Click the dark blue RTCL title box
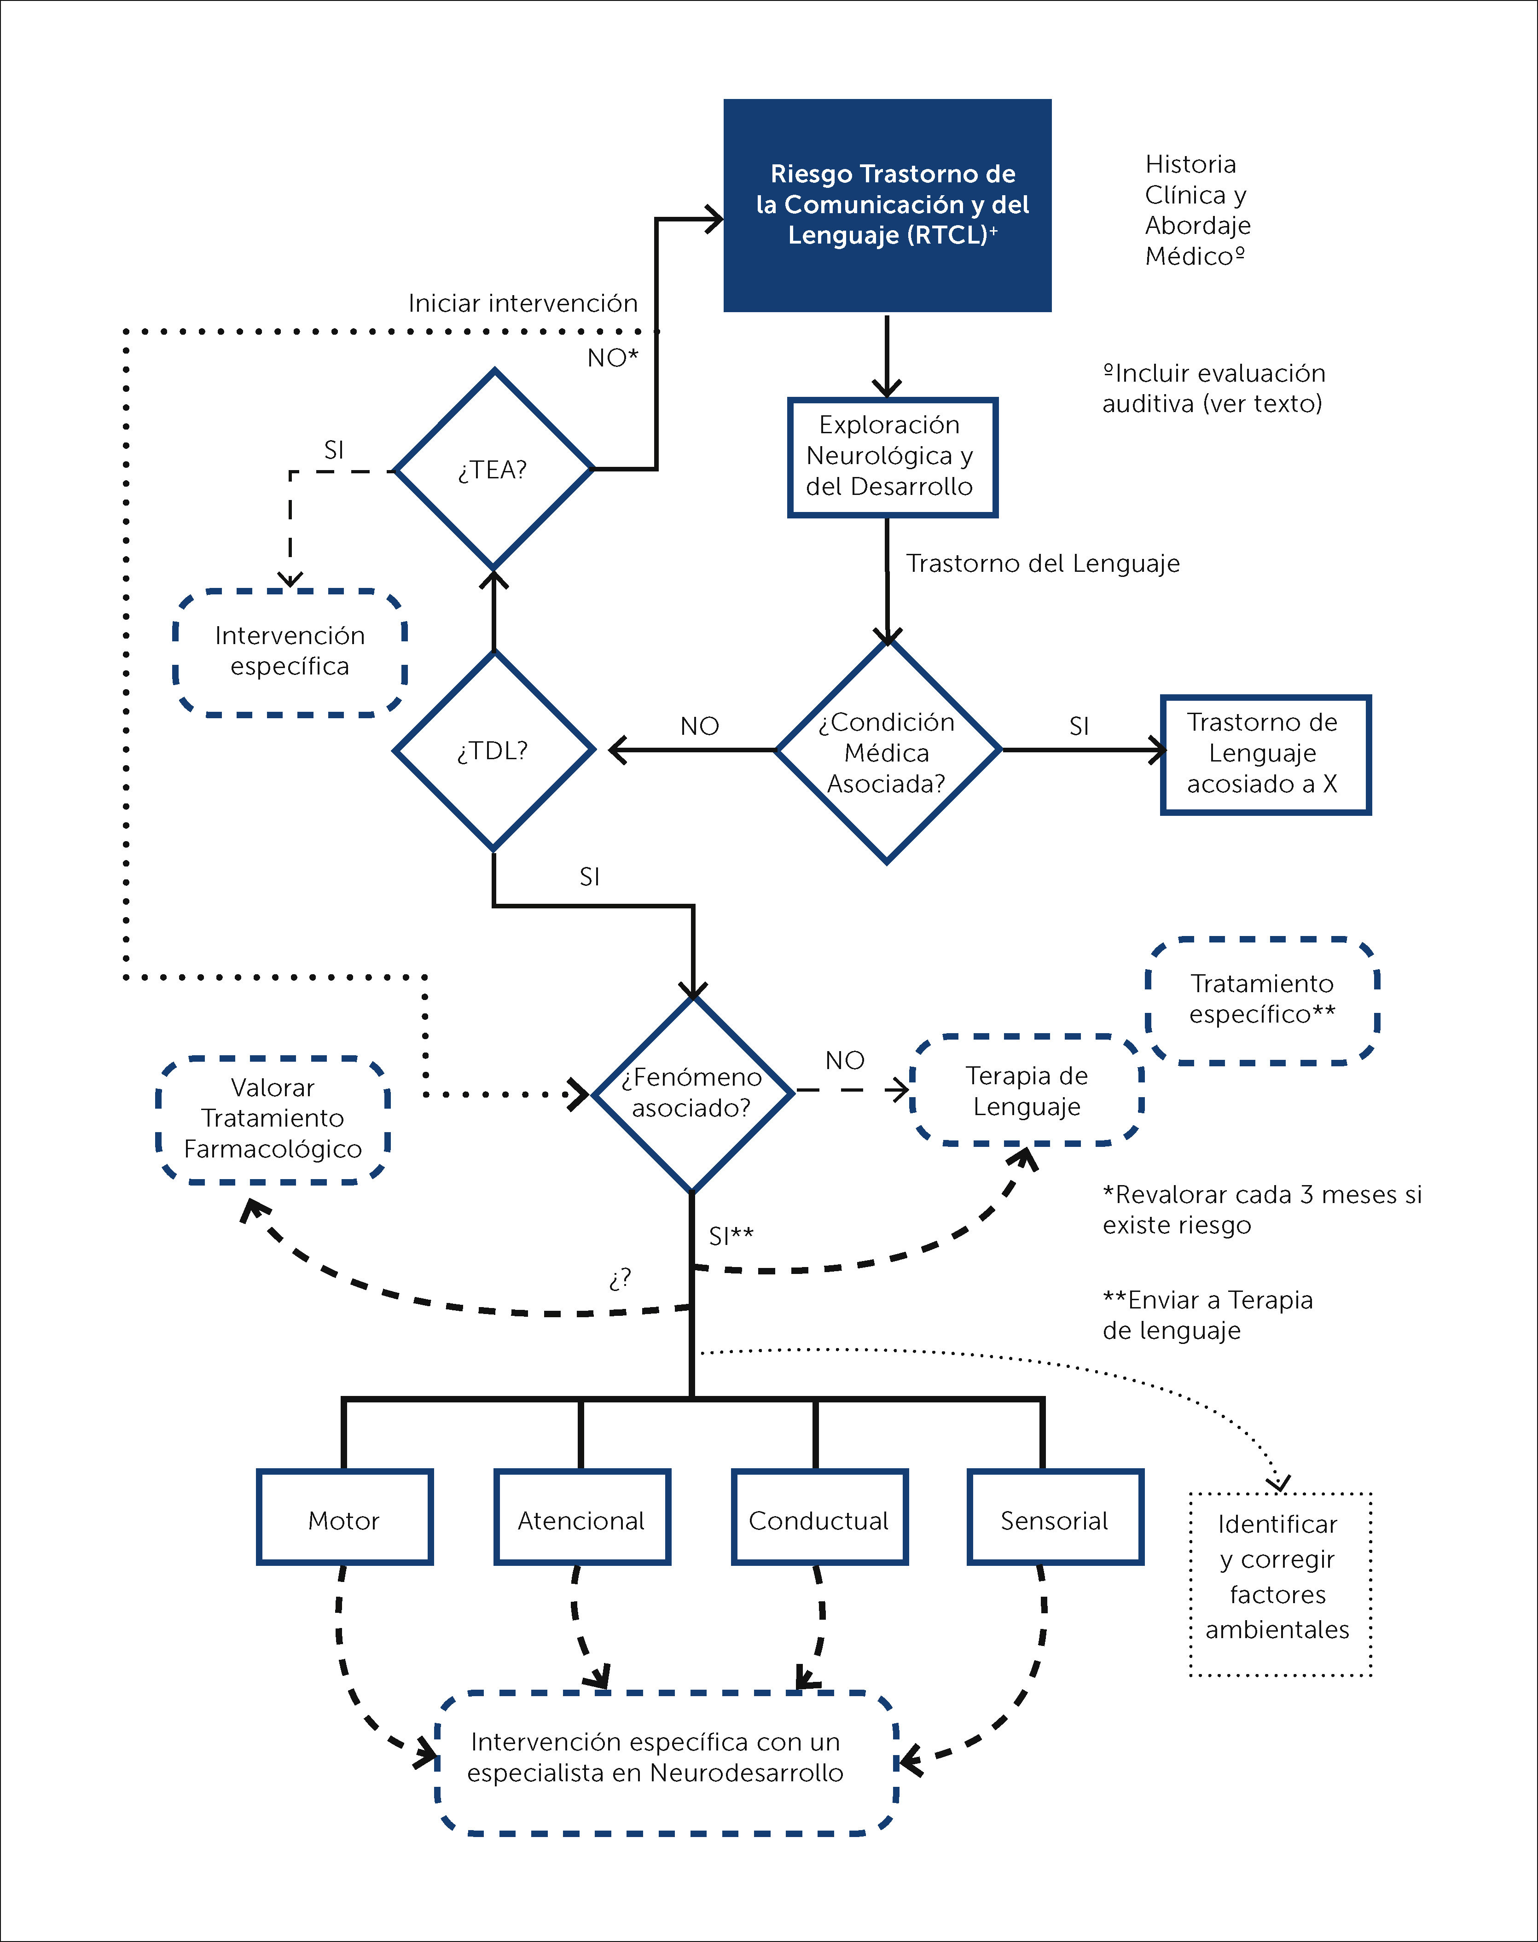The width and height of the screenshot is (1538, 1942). tap(887, 205)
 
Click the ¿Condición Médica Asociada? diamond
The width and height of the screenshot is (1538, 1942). tap(887, 752)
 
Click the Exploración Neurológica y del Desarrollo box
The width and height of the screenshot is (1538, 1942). tap(892, 457)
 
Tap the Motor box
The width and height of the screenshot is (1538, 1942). tap(344, 1520)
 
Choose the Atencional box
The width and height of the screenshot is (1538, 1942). tap(582, 1520)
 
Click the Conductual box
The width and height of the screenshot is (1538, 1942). tap(818, 1520)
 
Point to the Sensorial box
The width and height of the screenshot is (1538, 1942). tap(1055, 1520)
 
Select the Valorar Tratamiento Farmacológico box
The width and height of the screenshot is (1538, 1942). tap(273, 1119)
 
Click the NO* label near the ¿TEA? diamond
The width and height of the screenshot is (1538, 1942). tap(612, 359)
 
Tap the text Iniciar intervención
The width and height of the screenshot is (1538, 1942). tap(522, 303)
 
